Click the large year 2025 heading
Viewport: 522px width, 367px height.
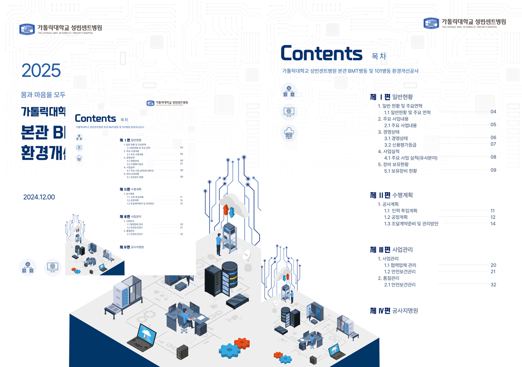(x=41, y=71)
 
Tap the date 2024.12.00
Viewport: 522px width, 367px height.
(x=39, y=197)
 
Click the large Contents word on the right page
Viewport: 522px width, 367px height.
(x=321, y=53)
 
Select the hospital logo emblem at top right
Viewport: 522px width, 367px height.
(x=431, y=23)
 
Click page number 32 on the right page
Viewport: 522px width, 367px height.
(x=493, y=285)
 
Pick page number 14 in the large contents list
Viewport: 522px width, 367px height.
(x=493, y=224)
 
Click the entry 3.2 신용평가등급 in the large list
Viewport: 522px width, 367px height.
(x=400, y=145)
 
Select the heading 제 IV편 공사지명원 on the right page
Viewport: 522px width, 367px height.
(x=393, y=311)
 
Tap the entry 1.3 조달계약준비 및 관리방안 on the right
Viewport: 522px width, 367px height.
(x=411, y=224)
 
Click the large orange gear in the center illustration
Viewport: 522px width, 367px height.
(x=242, y=343)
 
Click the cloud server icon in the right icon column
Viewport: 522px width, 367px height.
(x=289, y=133)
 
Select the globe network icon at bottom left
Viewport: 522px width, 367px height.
(x=28, y=268)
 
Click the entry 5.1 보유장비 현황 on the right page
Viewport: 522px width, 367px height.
(x=400, y=171)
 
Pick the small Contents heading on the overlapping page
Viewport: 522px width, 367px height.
(x=95, y=119)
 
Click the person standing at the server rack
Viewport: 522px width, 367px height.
(x=219, y=244)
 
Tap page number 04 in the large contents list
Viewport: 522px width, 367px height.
(x=493, y=112)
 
